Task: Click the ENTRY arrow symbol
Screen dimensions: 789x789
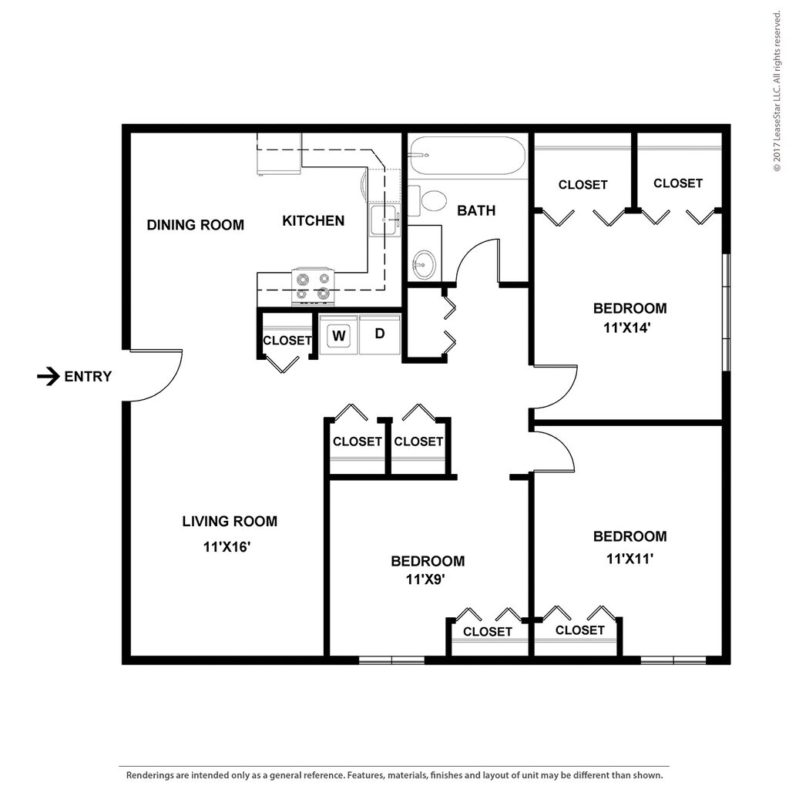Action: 49,376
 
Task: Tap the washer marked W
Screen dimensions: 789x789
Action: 339,334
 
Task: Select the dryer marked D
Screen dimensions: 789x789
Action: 380,334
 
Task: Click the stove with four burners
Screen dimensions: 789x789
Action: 313,287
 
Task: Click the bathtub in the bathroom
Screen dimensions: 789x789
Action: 468,156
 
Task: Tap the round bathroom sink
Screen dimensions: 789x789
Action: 425,264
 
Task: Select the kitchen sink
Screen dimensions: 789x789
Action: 385,220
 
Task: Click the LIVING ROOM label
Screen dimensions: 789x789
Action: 230,522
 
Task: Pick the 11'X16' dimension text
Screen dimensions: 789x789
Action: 227,546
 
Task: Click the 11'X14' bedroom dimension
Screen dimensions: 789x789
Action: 627,328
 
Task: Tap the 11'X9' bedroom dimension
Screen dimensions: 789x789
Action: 425,579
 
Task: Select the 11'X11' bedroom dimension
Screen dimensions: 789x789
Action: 630,559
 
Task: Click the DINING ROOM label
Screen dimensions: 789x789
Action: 195,225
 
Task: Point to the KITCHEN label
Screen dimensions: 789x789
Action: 313,221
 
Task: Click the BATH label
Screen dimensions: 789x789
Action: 476,210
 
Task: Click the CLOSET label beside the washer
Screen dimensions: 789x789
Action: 287,341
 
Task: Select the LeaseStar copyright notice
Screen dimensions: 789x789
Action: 777,91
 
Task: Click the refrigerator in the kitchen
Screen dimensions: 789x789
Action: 279,154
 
